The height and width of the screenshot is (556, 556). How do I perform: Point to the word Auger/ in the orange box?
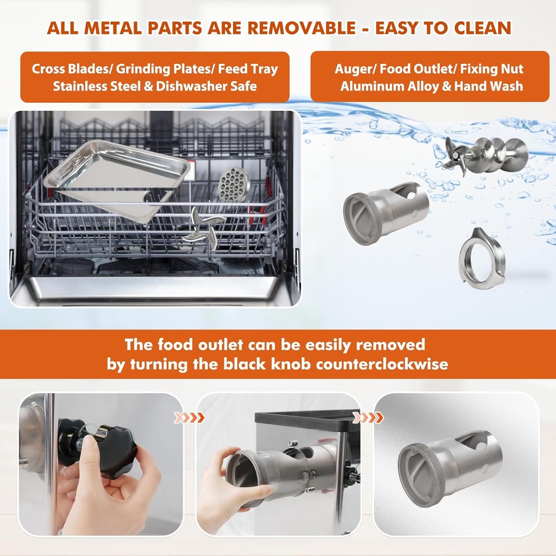coord(354,69)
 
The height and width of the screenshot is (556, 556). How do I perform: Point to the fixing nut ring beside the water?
coord(482,255)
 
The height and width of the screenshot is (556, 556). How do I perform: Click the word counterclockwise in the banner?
coord(382,363)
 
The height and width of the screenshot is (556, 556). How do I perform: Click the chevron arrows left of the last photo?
coord(368,417)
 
